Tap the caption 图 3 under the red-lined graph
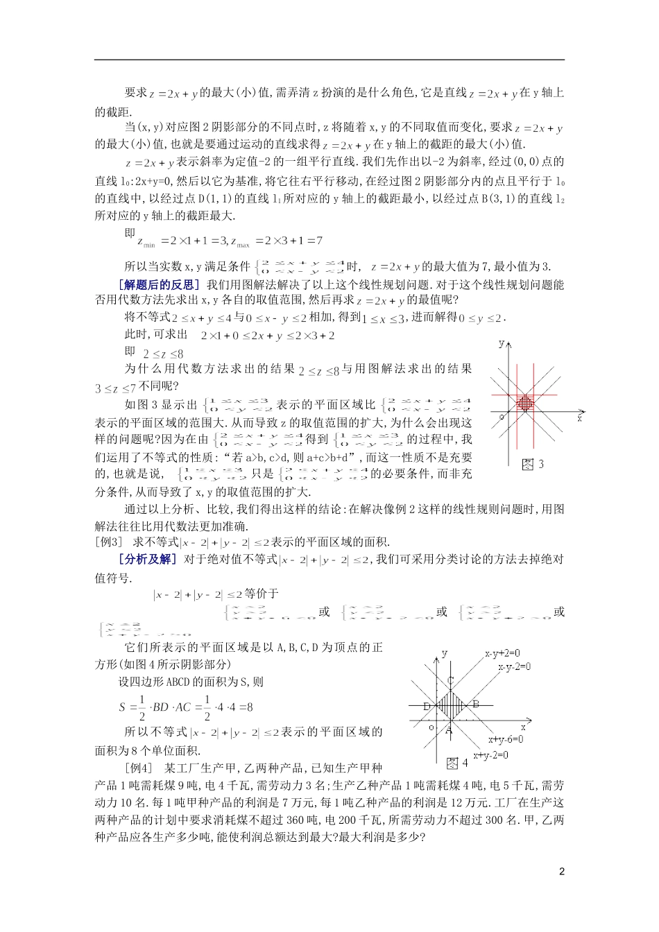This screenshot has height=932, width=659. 533,465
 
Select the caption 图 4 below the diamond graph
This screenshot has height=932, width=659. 457,763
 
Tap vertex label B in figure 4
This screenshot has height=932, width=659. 475,704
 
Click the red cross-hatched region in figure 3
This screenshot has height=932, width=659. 526,402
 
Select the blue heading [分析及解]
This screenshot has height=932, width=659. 147,559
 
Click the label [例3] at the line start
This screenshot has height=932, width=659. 108,542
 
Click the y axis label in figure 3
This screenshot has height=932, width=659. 501,343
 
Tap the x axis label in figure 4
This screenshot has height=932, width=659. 523,727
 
